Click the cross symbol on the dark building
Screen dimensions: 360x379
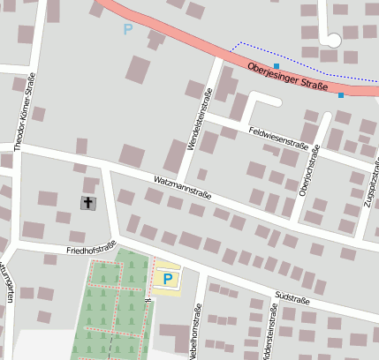point(87,204)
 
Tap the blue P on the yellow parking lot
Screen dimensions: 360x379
point(167,280)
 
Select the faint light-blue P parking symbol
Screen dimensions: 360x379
point(128,29)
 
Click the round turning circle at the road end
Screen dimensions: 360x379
point(333,40)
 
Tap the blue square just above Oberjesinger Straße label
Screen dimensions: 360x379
point(277,66)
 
